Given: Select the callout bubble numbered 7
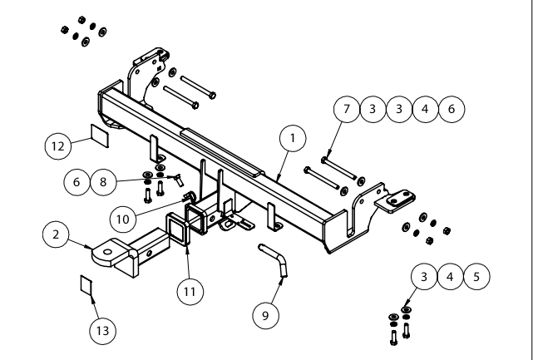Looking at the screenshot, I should click(x=350, y=109).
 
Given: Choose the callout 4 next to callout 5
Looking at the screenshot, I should click(x=447, y=275).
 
